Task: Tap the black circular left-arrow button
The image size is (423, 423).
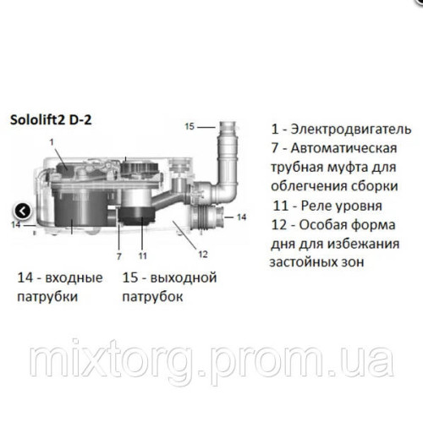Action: pyautogui.click(x=24, y=211)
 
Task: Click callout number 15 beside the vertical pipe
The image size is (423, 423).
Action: pyautogui.click(x=190, y=126)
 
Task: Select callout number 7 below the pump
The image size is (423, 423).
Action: pyautogui.click(x=119, y=254)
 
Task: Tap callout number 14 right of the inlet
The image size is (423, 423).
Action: pyautogui.click(x=241, y=217)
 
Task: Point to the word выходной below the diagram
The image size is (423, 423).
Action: pyautogui.click(x=181, y=277)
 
